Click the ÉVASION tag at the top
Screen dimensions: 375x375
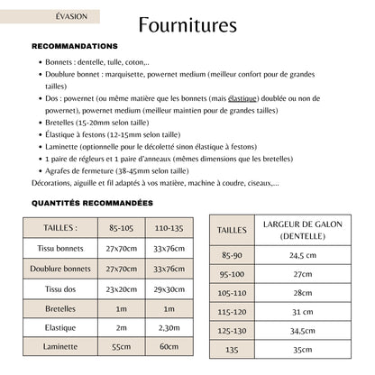click(65, 16)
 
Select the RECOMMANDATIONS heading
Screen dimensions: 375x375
click(74, 46)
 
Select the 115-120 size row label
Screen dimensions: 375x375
click(232, 312)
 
